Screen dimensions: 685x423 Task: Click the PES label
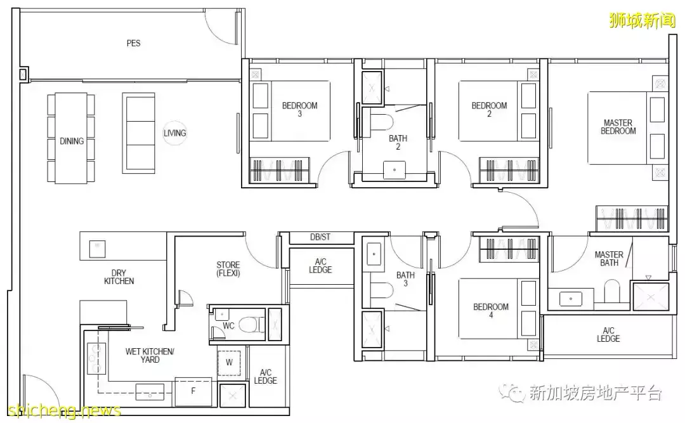click(x=133, y=43)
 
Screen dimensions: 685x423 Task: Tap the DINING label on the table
click(x=72, y=141)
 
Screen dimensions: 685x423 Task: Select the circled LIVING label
click(x=175, y=133)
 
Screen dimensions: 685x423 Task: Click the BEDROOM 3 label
click(x=299, y=109)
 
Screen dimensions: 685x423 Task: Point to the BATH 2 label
click(x=398, y=143)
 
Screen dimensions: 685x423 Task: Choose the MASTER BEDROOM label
click(x=618, y=127)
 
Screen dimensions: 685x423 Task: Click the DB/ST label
click(x=320, y=237)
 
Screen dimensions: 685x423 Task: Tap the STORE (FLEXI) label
click(x=228, y=269)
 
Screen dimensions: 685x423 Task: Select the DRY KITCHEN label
click(x=119, y=277)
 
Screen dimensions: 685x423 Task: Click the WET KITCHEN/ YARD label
click(x=150, y=355)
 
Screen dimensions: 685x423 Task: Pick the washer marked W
click(x=229, y=362)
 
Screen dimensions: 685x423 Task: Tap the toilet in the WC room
click(x=251, y=325)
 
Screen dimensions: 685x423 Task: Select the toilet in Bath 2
click(x=382, y=121)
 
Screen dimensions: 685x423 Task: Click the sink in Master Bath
click(x=571, y=299)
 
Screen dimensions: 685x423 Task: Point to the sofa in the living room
click(x=138, y=133)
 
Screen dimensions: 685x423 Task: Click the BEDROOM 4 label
click(x=490, y=311)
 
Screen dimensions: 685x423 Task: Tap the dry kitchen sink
click(x=97, y=249)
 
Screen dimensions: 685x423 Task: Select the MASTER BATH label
click(x=609, y=259)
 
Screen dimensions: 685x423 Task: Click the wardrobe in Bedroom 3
click(x=279, y=170)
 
